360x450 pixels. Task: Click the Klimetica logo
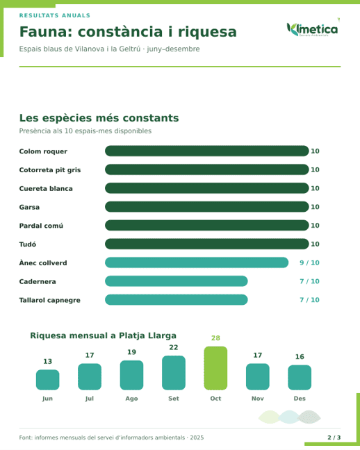(x=313, y=29)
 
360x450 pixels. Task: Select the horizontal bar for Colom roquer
(x=207, y=151)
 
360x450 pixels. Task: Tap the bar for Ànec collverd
(x=197, y=262)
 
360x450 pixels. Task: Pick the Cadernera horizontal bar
(x=176, y=281)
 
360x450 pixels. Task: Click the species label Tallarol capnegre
(x=50, y=300)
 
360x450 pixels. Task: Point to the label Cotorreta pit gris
(x=50, y=170)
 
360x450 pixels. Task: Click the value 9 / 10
(x=309, y=262)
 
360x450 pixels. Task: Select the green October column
(x=215, y=368)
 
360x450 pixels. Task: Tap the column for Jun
(x=48, y=380)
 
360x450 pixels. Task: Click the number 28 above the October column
(x=215, y=338)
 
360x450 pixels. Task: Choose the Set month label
(x=174, y=399)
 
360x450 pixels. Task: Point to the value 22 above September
(x=174, y=347)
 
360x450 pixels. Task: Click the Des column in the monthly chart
(x=300, y=377)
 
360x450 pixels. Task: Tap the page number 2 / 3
(x=334, y=437)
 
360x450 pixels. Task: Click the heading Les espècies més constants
(x=99, y=118)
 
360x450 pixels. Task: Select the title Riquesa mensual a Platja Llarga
(x=103, y=335)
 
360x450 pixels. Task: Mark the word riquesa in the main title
(x=207, y=32)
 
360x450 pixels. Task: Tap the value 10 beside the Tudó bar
(x=316, y=244)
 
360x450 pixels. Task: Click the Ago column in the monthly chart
(x=131, y=375)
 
